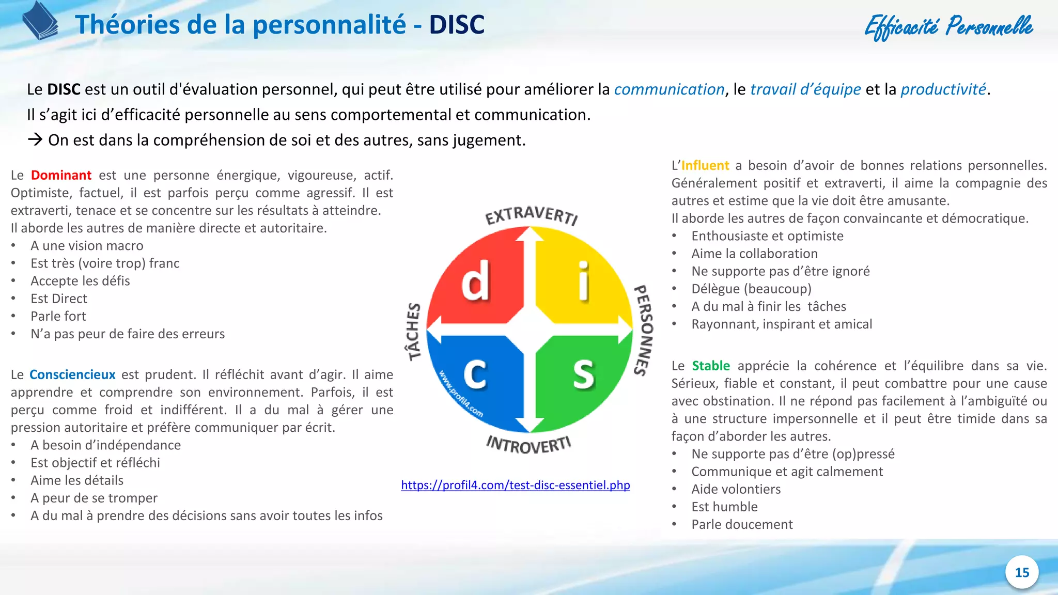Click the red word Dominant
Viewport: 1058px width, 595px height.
pos(61,175)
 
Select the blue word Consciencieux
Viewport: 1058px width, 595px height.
pos(72,374)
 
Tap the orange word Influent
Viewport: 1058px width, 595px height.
pos(705,165)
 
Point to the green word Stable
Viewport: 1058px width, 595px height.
pos(711,366)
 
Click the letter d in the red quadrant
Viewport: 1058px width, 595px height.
pos(475,281)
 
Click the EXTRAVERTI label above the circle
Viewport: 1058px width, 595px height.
pos(531,215)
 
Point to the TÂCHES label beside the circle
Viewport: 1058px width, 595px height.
pos(413,331)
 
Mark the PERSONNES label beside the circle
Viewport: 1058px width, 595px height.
pos(644,330)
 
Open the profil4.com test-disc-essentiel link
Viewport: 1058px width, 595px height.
pos(515,485)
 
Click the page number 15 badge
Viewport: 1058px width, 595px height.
pos(1022,572)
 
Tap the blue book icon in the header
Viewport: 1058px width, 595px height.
pos(40,21)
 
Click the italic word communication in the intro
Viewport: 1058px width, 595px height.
pos(669,89)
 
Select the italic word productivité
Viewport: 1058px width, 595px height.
pos(943,89)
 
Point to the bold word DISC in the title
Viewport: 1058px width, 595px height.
pos(457,24)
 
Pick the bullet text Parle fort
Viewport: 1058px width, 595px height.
pos(58,316)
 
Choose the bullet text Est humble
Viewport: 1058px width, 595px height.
pos(724,507)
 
